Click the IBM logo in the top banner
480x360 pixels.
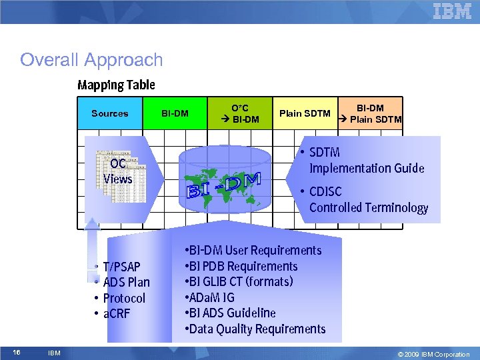point(452,11)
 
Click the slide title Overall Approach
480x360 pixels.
point(91,60)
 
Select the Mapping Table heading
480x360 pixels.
point(116,85)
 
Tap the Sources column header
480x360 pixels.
point(110,114)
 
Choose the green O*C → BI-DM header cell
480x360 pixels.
point(240,114)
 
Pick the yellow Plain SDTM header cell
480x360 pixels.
point(305,114)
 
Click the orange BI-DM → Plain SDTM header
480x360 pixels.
point(370,114)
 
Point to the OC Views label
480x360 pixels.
point(118,171)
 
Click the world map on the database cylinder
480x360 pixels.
point(213,183)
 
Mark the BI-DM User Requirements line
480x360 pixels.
point(254,251)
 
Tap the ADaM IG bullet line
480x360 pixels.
point(211,297)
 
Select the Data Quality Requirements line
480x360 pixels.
point(257,329)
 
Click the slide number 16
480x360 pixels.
point(18,352)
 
